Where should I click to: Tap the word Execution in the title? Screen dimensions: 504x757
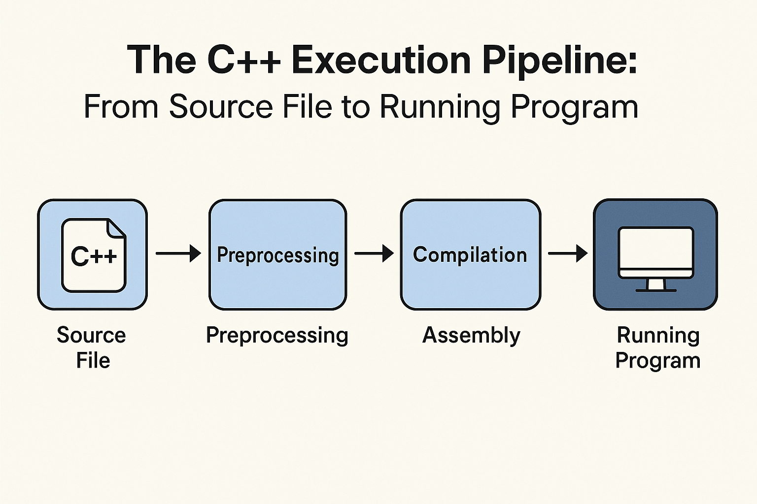pyautogui.click(x=381, y=60)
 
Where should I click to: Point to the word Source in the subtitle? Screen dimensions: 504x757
pyautogui.click(x=221, y=107)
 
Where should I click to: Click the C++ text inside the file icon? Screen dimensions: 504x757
pyautogui.click(x=94, y=256)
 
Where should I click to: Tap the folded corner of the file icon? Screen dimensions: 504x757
pyautogui.click(x=117, y=228)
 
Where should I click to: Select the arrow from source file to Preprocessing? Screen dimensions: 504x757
pyautogui.click(x=178, y=253)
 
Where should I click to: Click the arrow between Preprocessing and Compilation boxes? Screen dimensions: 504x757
pyautogui.click(x=374, y=253)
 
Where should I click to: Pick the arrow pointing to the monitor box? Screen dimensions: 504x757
pyautogui.click(x=567, y=253)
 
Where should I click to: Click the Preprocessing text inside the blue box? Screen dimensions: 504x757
pyautogui.click(x=278, y=255)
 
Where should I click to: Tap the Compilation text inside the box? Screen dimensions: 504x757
pyautogui.click(x=470, y=255)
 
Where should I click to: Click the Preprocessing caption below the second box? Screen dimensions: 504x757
pyautogui.click(x=277, y=336)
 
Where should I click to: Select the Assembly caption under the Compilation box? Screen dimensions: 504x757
pyautogui.click(x=471, y=336)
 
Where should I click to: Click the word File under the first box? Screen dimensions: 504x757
pyautogui.click(x=93, y=361)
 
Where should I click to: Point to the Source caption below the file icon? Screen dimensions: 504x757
pyautogui.click(x=91, y=336)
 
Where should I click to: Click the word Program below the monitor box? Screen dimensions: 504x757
pyautogui.click(x=657, y=361)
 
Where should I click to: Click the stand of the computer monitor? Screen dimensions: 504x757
pyautogui.click(x=655, y=284)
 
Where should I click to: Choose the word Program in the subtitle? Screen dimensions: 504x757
pyautogui.click(x=575, y=107)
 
